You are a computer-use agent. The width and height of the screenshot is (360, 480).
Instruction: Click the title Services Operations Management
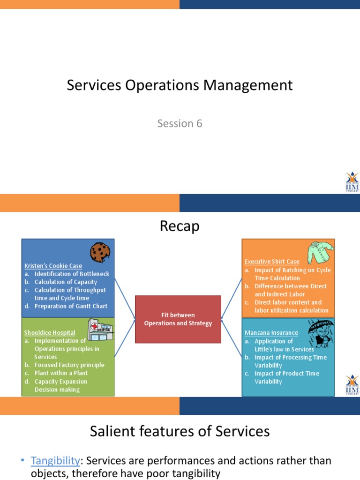click(180, 85)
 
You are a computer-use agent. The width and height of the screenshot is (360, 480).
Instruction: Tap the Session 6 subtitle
click(180, 123)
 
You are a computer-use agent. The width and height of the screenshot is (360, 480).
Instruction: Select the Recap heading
click(180, 226)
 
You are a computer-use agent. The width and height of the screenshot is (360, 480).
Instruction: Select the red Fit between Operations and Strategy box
click(178, 319)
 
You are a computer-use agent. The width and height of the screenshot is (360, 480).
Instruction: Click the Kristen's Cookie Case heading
click(53, 266)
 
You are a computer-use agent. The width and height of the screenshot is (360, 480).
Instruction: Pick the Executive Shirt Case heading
click(272, 262)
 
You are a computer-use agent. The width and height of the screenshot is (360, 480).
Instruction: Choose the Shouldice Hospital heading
click(50, 333)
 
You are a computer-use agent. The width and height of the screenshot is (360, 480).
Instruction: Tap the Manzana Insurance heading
click(271, 333)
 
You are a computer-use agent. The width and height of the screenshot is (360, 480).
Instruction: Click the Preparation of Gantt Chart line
click(71, 306)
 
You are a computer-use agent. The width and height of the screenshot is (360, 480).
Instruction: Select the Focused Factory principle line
click(69, 365)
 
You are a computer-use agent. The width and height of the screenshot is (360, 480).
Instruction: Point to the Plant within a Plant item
click(61, 373)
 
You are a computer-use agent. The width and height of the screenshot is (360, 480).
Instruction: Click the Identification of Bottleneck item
click(71, 274)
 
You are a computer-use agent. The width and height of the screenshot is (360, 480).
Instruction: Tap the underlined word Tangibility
click(54, 461)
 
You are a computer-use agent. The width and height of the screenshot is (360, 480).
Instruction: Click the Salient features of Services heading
click(180, 431)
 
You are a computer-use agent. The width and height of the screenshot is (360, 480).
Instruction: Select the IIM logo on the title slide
click(352, 182)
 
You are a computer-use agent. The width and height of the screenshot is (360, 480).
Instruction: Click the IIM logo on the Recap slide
click(352, 385)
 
